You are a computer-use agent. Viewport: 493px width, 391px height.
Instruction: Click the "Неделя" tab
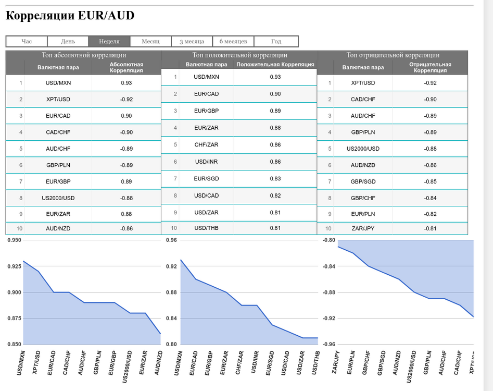[x=109, y=41]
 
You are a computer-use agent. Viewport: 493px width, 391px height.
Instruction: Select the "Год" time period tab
[x=276, y=41]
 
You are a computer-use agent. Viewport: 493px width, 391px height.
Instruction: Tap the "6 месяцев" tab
[x=233, y=41]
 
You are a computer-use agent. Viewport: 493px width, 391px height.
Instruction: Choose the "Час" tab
[x=27, y=41]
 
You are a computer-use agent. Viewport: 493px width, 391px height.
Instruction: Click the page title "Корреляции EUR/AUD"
[x=70, y=16]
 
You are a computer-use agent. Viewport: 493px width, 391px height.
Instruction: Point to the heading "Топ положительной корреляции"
[x=239, y=55]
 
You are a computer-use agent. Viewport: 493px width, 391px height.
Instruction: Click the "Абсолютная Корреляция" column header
[x=127, y=67]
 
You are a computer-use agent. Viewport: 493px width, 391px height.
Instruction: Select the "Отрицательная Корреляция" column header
[x=430, y=67]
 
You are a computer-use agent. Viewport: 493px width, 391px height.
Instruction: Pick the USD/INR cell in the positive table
[x=206, y=162]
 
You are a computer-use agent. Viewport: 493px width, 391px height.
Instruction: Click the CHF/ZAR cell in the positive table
[x=206, y=145]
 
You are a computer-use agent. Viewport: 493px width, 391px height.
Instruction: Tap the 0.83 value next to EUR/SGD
[x=275, y=178]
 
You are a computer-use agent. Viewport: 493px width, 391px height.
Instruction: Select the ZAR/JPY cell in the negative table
[x=363, y=228]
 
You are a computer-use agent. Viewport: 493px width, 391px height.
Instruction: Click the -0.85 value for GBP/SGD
[x=430, y=181]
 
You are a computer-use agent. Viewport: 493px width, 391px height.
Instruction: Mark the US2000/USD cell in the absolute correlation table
[x=58, y=198]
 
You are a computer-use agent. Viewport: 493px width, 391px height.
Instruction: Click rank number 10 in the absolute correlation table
[x=19, y=228]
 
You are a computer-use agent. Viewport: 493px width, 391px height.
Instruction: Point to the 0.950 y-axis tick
[x=15, y=240]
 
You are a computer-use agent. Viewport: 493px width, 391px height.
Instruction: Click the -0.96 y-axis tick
[x=329, y=345]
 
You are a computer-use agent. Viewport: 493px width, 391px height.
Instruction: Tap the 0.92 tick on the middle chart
[x=171, y=266]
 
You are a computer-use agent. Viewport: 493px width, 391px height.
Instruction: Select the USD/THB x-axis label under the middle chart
[x=315, y=363]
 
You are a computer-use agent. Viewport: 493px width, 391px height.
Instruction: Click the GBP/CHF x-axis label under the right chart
[x=366, y=363]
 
